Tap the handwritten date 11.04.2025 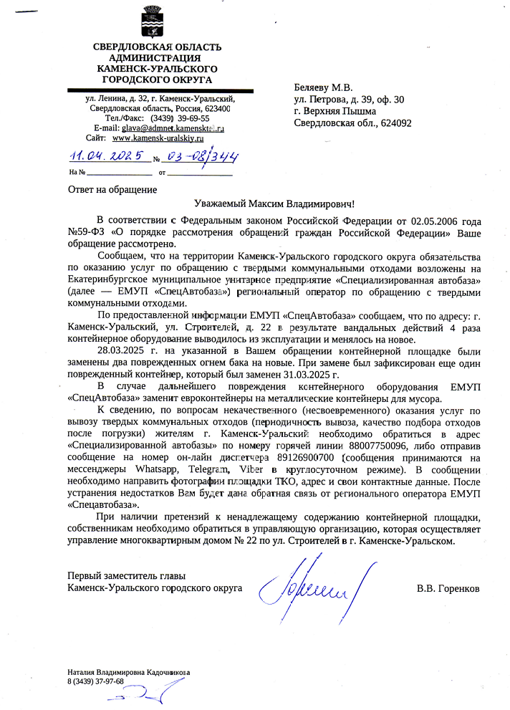click(x=105, y=156)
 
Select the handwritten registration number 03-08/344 click(x=196, y=156)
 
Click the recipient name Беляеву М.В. click(x=323, y=87)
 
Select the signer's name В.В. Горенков click(x=448, y=589)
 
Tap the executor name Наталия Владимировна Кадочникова click(x=128, y=672)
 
